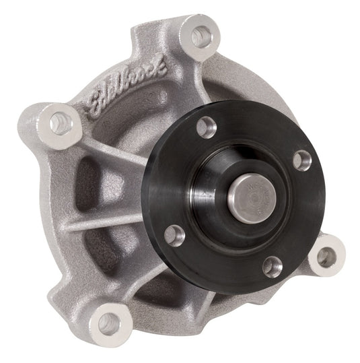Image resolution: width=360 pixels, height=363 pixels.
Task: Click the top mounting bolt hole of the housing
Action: coord(199,35)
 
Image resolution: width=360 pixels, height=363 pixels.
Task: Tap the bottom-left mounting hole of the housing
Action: coord(108,323)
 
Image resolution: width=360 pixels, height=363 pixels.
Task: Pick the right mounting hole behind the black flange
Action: coord(326,256)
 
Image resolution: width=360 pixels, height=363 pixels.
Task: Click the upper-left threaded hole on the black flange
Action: coord(207,127)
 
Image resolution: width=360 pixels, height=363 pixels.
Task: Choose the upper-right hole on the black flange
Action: coord(302,159)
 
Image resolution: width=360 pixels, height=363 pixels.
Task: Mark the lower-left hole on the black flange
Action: coord(175,235)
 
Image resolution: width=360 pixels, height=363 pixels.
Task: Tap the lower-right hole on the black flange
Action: coord(272,266)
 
